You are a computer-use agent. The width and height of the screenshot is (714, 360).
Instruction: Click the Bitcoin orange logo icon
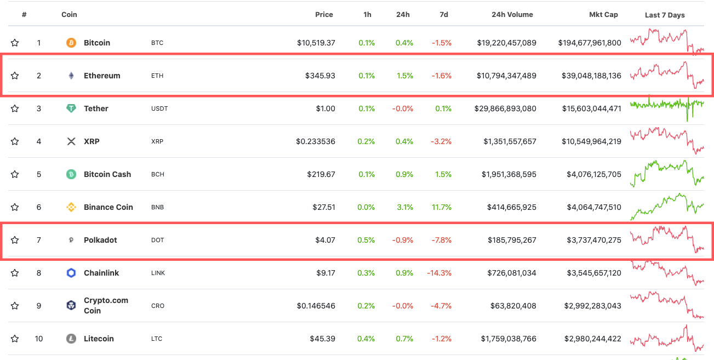click(x=71, y=43)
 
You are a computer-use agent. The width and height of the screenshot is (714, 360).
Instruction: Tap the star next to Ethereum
click(x=15, y=76)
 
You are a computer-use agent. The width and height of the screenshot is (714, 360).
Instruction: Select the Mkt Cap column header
click(x=603, y=15)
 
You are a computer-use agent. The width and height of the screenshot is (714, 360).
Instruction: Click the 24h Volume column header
click(x=512, y=15)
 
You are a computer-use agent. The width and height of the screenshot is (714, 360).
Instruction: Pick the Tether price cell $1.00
click(x=325, y=108)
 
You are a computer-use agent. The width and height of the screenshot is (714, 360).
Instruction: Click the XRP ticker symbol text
click(x=157, y=141)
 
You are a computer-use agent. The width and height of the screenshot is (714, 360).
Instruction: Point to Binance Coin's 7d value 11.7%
click(x=442, y=207)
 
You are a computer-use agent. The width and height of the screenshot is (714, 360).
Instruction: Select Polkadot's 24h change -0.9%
click(x=403, y=240)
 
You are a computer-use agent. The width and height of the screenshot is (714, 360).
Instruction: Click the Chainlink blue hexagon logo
click(x=71, y=273)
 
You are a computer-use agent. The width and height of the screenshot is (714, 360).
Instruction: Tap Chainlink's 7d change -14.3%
click(x=441, y=273)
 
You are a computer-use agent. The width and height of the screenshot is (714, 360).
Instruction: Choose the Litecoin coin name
click(x=99, y=339)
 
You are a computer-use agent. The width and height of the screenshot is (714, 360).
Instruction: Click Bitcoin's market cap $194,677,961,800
click(x=590, y=43)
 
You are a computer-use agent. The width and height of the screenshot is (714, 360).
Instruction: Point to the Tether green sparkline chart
click(x=667, y=104)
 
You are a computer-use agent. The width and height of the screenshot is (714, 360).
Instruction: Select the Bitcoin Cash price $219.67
click(x=321, y=174)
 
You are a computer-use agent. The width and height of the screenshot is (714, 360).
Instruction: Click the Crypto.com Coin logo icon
click(x=71, y=306)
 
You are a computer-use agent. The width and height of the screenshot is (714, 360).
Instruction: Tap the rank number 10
click(x=39, y=339)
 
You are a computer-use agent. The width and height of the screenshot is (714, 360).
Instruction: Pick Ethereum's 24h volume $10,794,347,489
click(x=506, y=76)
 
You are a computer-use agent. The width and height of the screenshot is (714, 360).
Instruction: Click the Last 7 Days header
click(x=665, y=15)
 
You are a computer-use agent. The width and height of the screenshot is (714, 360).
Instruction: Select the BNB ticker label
click(x=157, y=207)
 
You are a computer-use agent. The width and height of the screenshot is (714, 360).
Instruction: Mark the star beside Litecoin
click(x=15, y=339)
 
